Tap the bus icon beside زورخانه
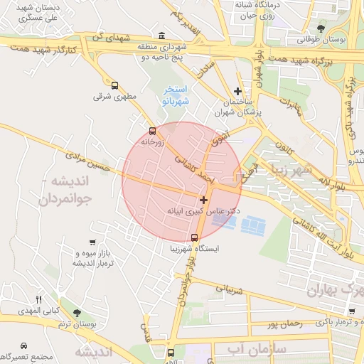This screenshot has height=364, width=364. (152, 131)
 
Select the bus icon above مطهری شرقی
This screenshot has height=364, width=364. (114, 85)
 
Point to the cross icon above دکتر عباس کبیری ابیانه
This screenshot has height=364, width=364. (204, 200)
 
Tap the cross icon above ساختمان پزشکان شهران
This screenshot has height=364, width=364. (238, 91)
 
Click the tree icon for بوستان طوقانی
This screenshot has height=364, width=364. (321, 29)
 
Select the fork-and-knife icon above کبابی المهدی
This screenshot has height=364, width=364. (39, 299)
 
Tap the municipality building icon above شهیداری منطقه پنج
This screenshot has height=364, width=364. (162, 36)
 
